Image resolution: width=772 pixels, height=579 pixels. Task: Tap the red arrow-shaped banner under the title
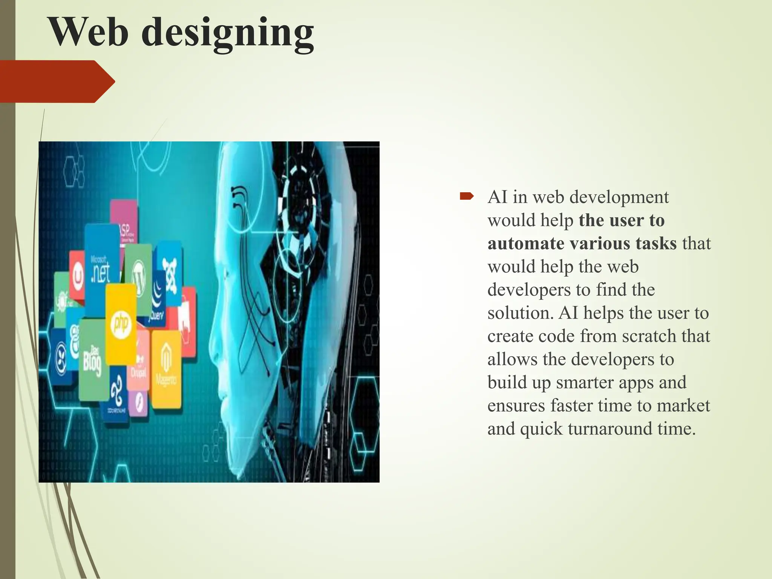coord(57,81)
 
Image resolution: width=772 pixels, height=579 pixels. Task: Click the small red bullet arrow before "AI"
coord(466,196)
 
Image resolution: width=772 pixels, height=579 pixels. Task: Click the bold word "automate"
coord(525,244)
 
